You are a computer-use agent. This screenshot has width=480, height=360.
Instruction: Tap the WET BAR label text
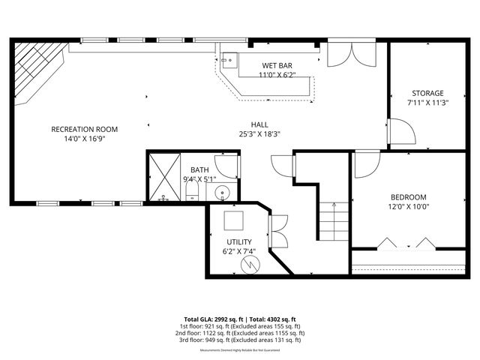pyautogui.click(x=277, y=65)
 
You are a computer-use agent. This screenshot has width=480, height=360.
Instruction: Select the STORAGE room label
pyautogui.click(x=426, y=93)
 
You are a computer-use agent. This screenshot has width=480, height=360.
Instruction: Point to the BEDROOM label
pyautogui.click(x=407, y=197)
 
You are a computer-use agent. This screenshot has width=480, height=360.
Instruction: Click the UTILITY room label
pyautogui.click(x=239, y=241)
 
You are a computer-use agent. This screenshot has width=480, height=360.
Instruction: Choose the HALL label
pyautogui.click(x=259, y=124)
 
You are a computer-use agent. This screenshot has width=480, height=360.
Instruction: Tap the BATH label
pyautogui.click(x=199, y=170)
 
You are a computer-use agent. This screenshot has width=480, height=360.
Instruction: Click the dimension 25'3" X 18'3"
pyautogui.click(x=259, y=134)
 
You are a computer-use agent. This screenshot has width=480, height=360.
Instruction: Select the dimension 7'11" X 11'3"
pyautogui.click(x=427, y=103)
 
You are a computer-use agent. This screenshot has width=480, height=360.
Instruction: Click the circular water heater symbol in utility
pyautogui.click(x=251, y=263)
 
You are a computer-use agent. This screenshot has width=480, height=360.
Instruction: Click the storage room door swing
pyautogui.click(x=401, y=132)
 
